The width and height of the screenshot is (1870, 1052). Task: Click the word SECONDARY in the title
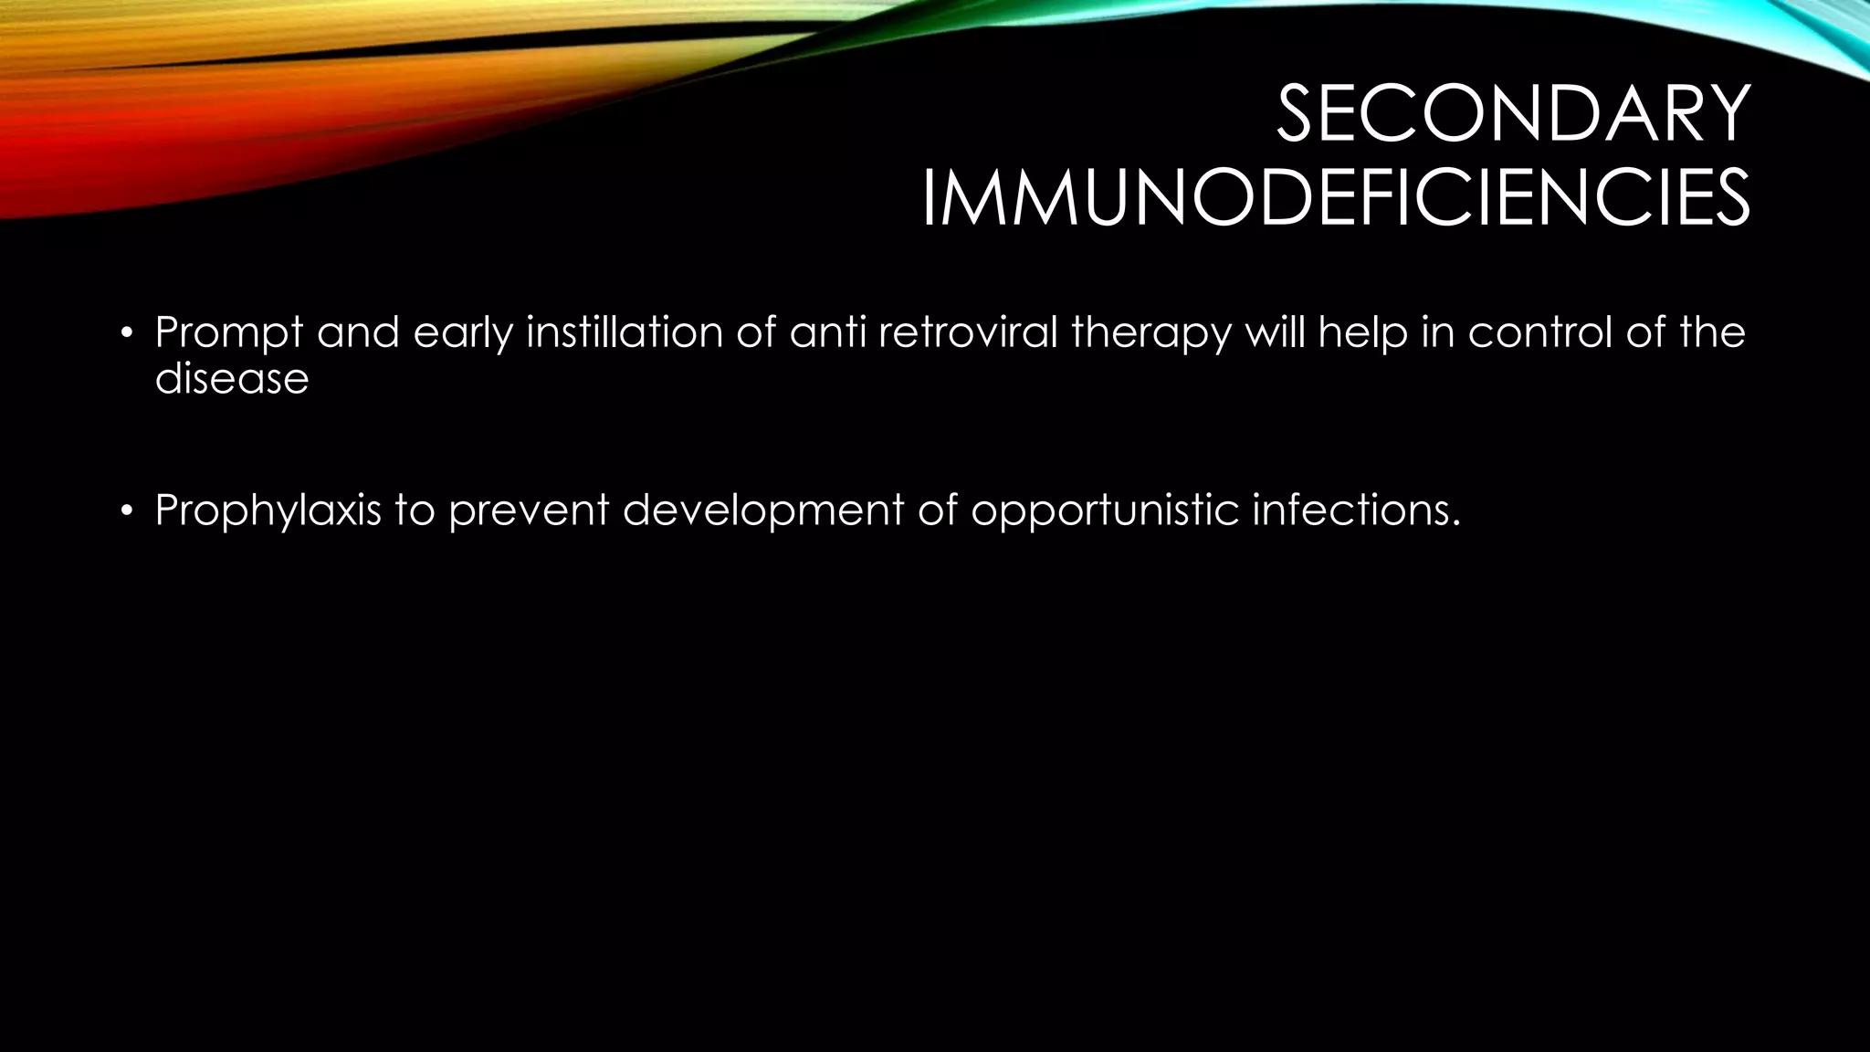1512,114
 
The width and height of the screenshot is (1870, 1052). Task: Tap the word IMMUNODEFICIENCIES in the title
1335,198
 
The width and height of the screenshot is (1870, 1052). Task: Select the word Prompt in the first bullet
228,332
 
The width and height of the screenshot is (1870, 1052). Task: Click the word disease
232,377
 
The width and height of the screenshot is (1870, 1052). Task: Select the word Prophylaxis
268,510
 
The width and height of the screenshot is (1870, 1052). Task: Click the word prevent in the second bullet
528,510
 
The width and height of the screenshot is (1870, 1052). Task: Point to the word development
763,510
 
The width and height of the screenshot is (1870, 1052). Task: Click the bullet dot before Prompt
127,332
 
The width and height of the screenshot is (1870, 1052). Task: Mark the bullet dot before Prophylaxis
127,510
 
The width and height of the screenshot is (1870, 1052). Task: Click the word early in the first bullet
463,332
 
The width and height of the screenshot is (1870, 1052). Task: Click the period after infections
1455,522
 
